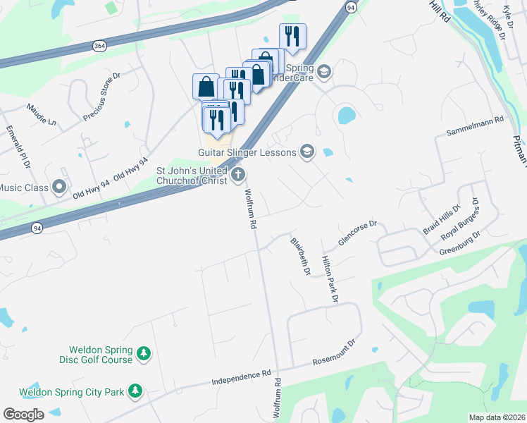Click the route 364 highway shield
[x=99, y=45]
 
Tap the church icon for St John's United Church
[x=238, y=173]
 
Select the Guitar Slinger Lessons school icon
[x=306, y=151]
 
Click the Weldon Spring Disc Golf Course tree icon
[x=144, y=352]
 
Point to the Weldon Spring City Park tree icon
[x=135, y=391]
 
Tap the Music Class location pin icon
[x=59, y=188]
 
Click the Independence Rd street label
[x=242, y=378]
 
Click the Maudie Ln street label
[x=41, y=114]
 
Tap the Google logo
[x=23, y=414]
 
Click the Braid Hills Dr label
[x=441, y=221]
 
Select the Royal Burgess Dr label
[x=459, y=223]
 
